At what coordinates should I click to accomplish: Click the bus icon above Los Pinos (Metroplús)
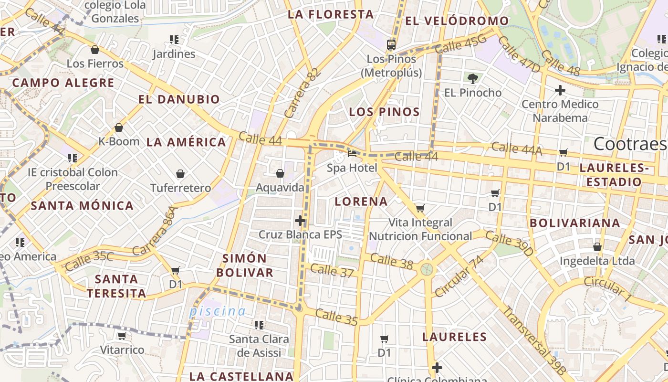(x=391, y=45)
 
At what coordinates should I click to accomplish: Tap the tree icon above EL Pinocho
(x=473, y=78)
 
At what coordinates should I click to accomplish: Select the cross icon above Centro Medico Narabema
(x=560, y=90)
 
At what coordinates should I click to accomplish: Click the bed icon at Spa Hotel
(x=352, y=153)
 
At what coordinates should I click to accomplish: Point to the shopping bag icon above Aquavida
(x=280, y=173)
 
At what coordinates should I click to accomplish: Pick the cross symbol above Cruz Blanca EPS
(x=300, y=221)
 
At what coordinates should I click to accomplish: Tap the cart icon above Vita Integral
(x=420, y=208)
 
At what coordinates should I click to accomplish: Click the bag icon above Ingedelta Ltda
(x=597, y=247)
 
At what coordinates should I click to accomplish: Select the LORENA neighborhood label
(x=361, y=202)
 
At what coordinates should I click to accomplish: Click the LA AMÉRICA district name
(x=186, y=142)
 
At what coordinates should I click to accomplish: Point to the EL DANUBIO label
(x=179, y=100)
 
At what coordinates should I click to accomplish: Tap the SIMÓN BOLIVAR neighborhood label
(x=245, y=265)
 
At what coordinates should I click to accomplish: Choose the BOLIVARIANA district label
(x=575, y=223)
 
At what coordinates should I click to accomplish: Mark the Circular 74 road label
(x=459, y=276)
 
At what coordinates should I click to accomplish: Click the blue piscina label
(x=217, y=312)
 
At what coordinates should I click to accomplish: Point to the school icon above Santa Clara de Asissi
(x=259, y=325)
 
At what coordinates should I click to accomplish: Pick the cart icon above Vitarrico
(x=122, y=336)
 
